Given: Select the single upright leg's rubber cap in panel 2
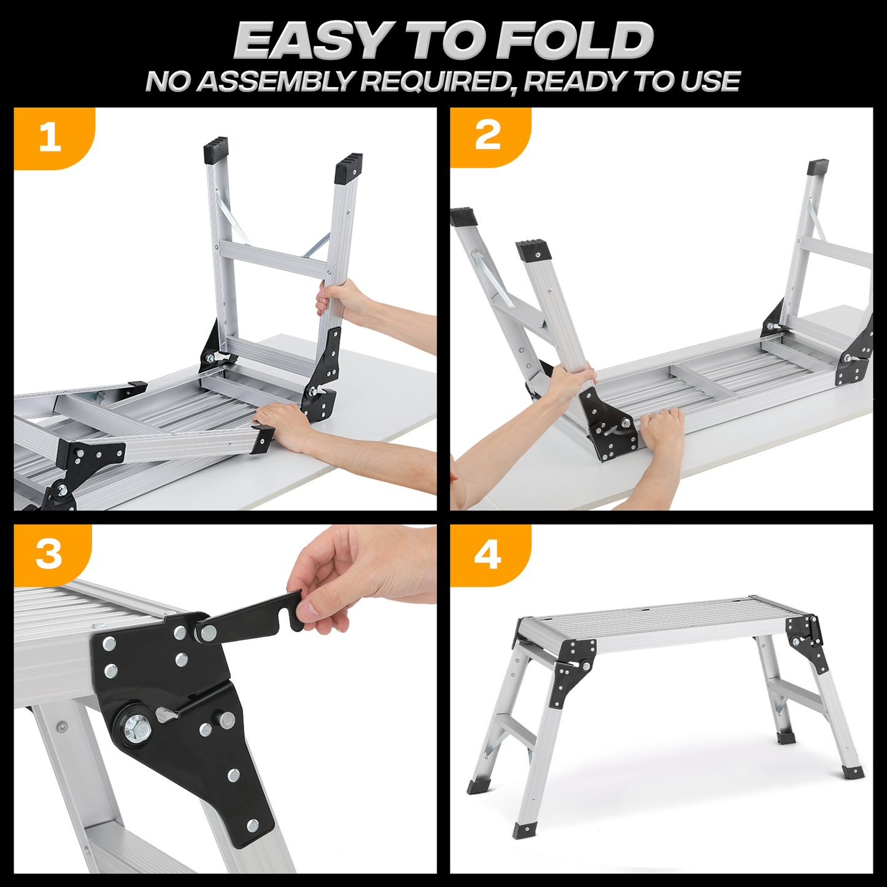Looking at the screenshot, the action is point(818,168).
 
